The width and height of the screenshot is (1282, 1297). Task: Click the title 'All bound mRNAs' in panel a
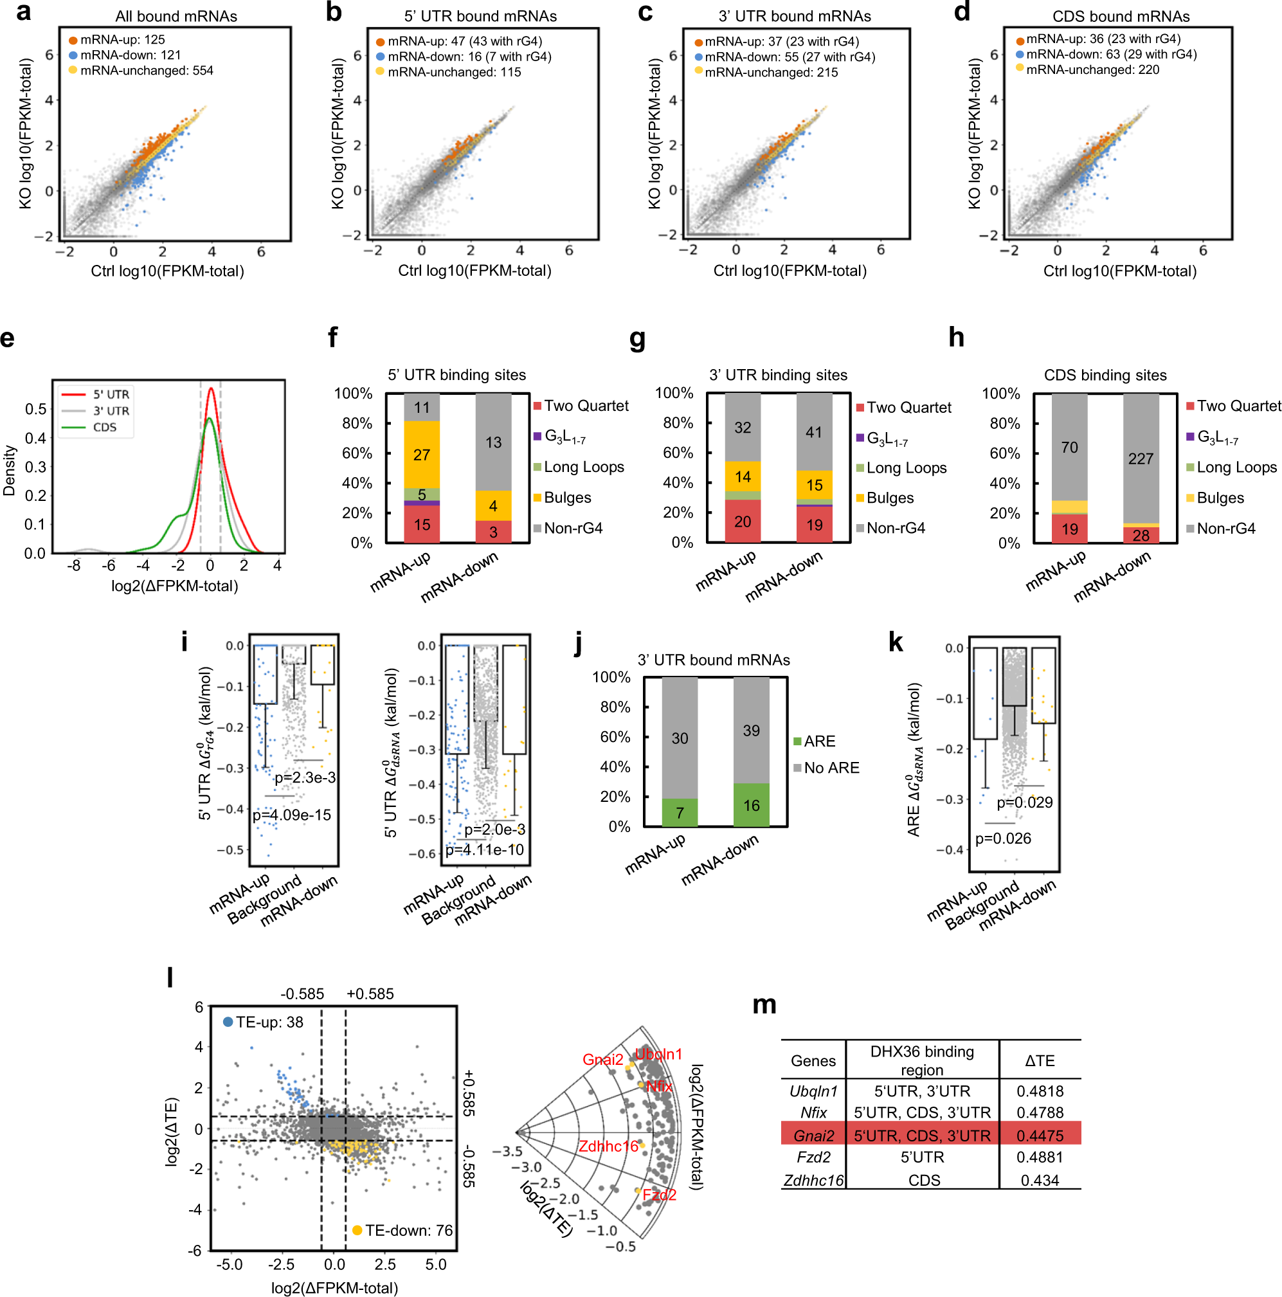tap(176, 16)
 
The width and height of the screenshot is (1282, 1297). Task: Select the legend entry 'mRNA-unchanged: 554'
tap(146, 71)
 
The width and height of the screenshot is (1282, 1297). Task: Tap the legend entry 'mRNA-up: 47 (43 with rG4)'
tap(464, 42)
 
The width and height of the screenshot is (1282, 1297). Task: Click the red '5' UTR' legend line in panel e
tap(74, 395)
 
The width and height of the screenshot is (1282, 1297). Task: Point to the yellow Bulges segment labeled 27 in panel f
tap(422, 455)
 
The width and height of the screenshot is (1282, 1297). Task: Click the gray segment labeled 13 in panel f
tap(493, 442)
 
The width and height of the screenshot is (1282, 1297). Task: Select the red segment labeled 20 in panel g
tap(743, 522)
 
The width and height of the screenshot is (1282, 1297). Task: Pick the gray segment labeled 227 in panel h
tap(1141, 458)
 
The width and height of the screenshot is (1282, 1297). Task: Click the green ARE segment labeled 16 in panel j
tap(751, 805)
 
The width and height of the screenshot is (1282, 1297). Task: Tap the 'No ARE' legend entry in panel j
tap(831, 768)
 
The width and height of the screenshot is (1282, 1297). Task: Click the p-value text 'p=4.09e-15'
tap(291, 815)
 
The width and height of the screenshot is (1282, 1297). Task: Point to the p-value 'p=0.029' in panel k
tap(1024, 803)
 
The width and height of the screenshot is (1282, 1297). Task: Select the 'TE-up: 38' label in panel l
tap(269, 1022)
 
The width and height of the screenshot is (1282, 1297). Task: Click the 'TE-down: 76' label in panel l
tap(408, 1231)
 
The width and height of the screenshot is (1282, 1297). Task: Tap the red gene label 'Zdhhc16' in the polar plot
tap(608, 1147)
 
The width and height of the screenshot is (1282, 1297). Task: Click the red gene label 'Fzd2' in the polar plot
tap(659, 1195)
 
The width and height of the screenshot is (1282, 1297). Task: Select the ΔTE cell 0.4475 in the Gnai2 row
tap(1040, 1136)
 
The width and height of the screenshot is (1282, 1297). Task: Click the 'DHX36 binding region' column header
tap(921, 1061)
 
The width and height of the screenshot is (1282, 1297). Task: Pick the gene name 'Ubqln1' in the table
tap(813, 1092)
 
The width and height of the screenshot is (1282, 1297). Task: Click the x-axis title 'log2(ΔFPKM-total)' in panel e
tap(174, 586)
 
